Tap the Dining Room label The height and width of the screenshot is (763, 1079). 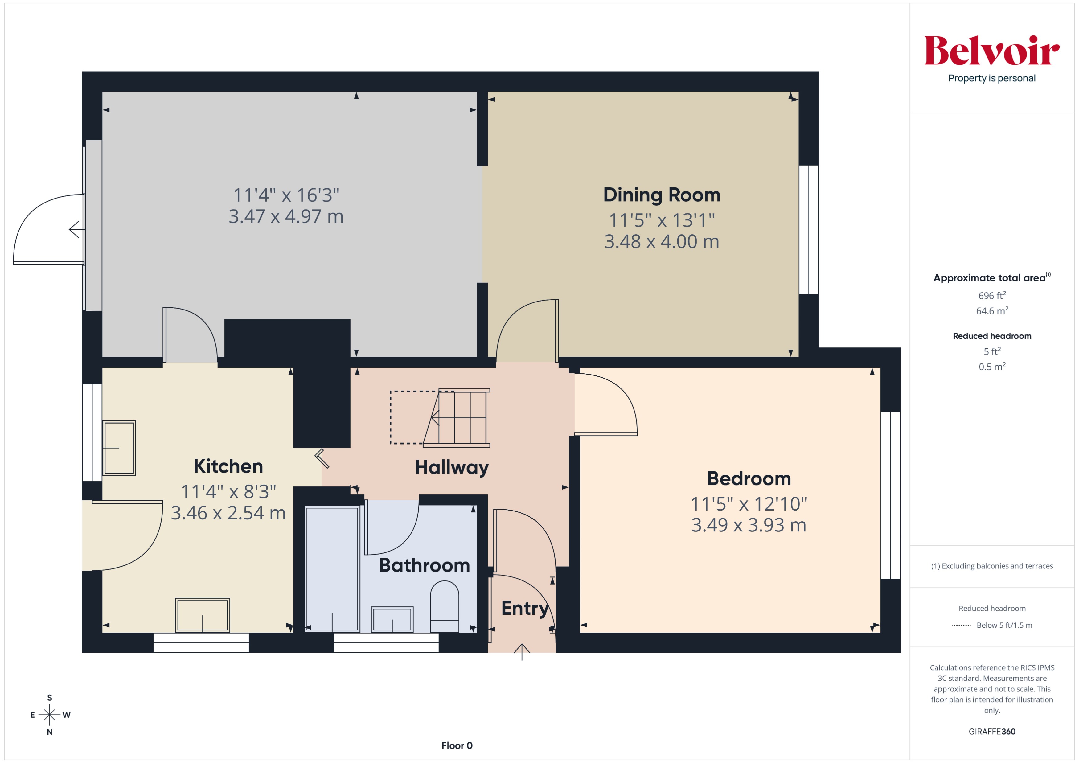(x=661, y=195)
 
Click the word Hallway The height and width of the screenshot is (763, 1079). (x=452, y=467)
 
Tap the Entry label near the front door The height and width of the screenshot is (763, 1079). (x=524, y=608)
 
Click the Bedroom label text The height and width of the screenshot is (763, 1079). (x=749, y=478)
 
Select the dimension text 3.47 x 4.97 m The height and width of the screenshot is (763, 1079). (x=286, y=217)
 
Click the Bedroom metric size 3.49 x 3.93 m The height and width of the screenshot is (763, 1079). (x=748, y=525)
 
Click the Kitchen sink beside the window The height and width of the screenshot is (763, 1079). (x=119, y=448)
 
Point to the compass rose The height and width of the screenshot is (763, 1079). (x=49, y=715)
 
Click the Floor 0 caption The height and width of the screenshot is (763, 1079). (x=456, y=745)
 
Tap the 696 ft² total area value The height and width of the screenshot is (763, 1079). (x=991, y=296)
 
